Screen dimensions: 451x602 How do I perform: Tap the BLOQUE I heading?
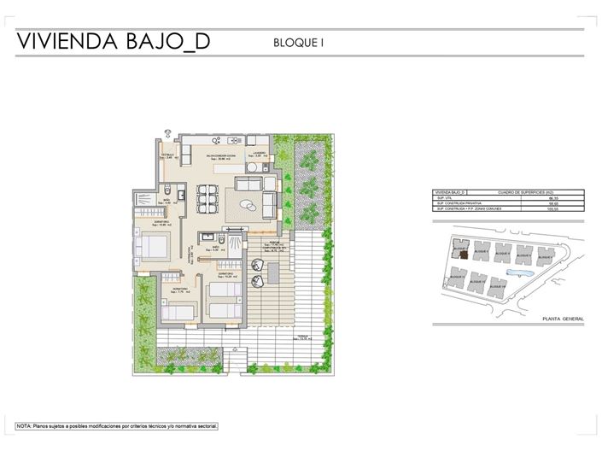tap(300, 41)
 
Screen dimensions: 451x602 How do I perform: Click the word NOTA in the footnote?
tap(25, 425)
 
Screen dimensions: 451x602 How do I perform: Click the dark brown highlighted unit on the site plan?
tap(461, 253)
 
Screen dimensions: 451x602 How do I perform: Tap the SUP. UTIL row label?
tap(445, 197)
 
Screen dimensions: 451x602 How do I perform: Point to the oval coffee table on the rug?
tap(248, 204)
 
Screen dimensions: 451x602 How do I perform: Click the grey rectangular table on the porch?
tap(274, 272)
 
